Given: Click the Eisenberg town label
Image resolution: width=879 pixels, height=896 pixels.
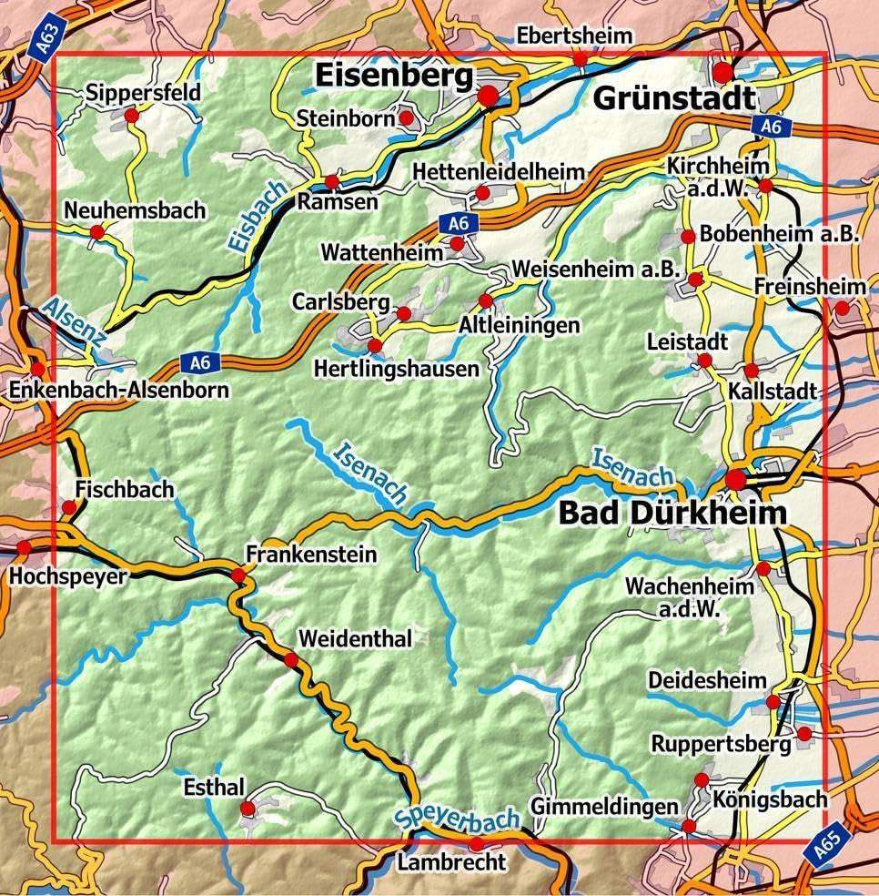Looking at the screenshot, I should click(395, 77).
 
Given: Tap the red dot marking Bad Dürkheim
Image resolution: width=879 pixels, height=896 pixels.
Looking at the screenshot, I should click(735, 480).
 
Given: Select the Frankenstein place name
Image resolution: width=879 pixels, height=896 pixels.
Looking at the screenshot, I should click(311, 554).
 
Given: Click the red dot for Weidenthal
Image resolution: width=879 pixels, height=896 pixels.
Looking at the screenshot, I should click(290, 660).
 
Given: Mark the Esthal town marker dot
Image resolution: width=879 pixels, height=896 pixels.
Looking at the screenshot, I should click(247, 809).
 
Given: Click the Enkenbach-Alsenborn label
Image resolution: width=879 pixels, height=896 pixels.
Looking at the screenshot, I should click(118, 391).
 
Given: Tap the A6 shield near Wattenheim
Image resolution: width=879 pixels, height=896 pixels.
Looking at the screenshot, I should click(458, 222).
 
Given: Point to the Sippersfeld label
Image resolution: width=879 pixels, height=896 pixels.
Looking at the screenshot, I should click(145, 93).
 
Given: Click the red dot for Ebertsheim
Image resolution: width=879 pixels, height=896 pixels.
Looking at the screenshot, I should click(580, 59).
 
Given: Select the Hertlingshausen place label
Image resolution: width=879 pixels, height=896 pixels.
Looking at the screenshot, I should click(395, 369).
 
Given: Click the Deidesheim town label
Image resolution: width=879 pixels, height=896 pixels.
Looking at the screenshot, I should click(707, 681).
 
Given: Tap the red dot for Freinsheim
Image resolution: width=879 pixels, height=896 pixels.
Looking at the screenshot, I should click(842, 309).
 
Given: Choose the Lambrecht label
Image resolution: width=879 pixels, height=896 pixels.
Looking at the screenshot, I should click(450, 860).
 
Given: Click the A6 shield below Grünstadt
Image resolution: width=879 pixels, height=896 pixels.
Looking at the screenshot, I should click(771, 128).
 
